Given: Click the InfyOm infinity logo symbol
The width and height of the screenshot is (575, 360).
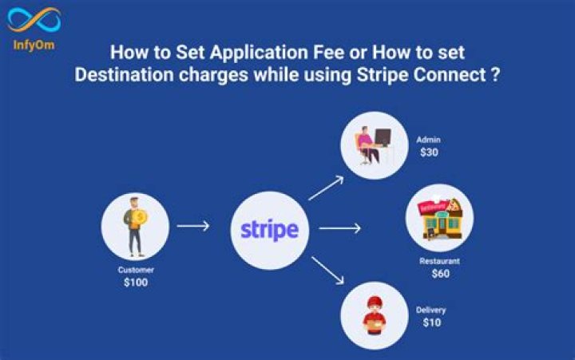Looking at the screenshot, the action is pyautogui.click(x=34, y=20).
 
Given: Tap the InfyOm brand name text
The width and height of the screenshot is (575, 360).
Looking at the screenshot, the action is pyautogui.click(x=34, y=45).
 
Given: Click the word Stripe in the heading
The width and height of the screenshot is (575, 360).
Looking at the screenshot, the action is pyautogui.click(x=383, y=74).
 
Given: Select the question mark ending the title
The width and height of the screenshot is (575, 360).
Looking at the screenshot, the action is pyautogui.click(x=495, y=74).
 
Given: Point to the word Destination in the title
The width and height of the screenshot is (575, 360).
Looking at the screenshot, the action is pyautogui.click(x=124, y=74).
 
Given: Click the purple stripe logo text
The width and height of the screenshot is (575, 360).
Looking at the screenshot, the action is pyautogui.click(x=270, y=230).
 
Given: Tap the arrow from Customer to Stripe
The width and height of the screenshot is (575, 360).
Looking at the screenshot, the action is pyautogui.click(x=193, y=226).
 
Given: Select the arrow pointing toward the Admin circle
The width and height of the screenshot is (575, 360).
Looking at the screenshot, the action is pyautogui.click(x=326, y=188).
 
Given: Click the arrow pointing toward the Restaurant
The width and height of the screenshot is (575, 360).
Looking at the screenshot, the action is pyautogui.click(x=340, y=228).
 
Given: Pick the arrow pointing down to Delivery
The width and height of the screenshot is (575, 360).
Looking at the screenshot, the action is pyautogui.click(x=328, y=270).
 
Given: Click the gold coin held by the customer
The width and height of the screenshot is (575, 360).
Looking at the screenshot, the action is pyautogui.click(x=140, y=218).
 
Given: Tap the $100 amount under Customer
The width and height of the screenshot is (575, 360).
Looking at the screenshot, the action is pyautogui.click(x=136, y=283).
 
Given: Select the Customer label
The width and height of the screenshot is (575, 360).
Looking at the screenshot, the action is pyautogui.click(x=136, y=270).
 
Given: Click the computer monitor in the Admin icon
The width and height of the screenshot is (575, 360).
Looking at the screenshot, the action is pyautogui.click(x=383, y=137).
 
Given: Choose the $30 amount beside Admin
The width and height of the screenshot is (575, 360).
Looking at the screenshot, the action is pyautogui.click(x=429, y=152).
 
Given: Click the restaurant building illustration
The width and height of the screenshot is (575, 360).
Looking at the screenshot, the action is pyautogui.click(x=440, y=219).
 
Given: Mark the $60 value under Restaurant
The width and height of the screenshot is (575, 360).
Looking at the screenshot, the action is pyautogui.click(x=440, y=274).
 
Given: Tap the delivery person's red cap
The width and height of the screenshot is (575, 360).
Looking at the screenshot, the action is pyautogui.click(x=375, y=302).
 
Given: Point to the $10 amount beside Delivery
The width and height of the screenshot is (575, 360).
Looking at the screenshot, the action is pyautogui.click(x=431, y=322).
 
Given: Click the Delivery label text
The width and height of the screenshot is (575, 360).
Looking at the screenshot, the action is pyautogui.click(x=431, y=311).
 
